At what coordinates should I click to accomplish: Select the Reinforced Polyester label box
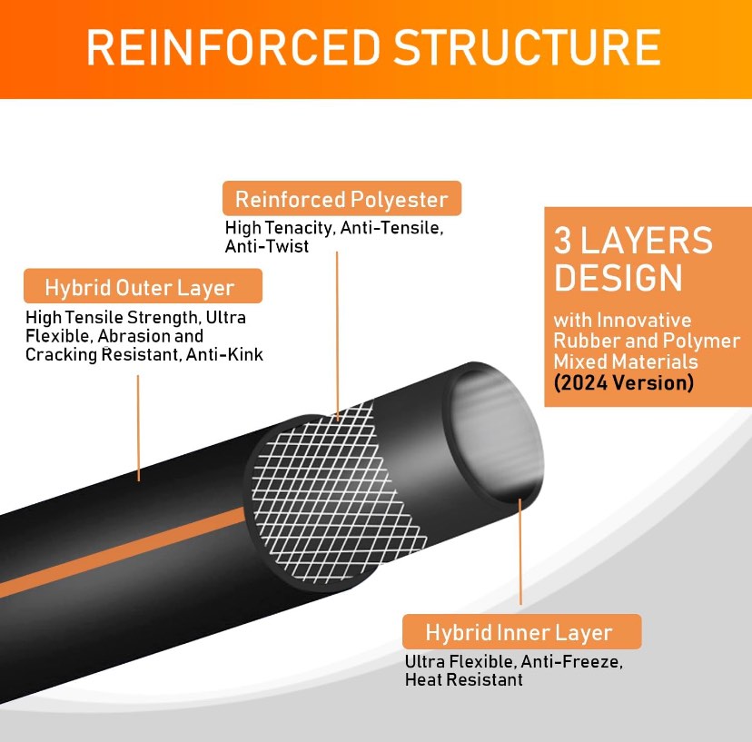(x=341, y=199)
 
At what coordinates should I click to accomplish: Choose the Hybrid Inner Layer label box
(x=519, y=632)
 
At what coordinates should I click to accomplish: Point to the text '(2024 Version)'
(x=624, y=382)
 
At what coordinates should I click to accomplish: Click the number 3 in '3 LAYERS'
(x=563, y=242)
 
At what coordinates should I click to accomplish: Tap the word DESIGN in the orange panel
(x=618, y=277)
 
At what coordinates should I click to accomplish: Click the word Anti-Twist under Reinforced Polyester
(x=267, y=246)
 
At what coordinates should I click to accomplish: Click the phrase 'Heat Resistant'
(x=463, y=679)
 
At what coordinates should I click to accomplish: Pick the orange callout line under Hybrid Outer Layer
(x=138, y=427)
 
